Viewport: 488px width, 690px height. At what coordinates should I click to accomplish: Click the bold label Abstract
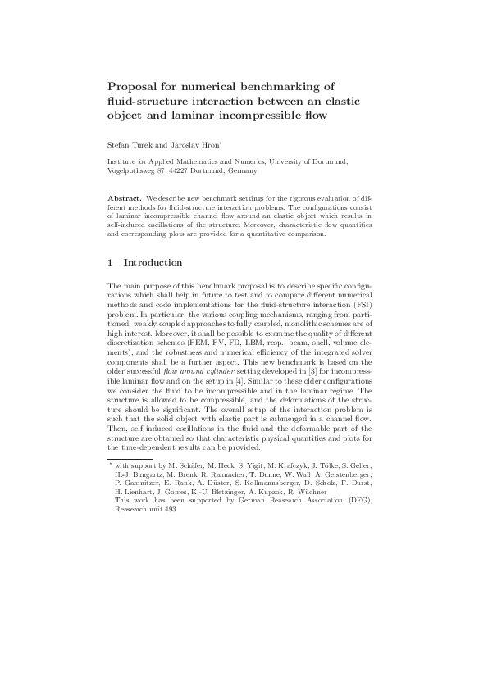point(125,199)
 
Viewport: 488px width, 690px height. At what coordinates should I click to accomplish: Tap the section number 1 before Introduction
point(111,263)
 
